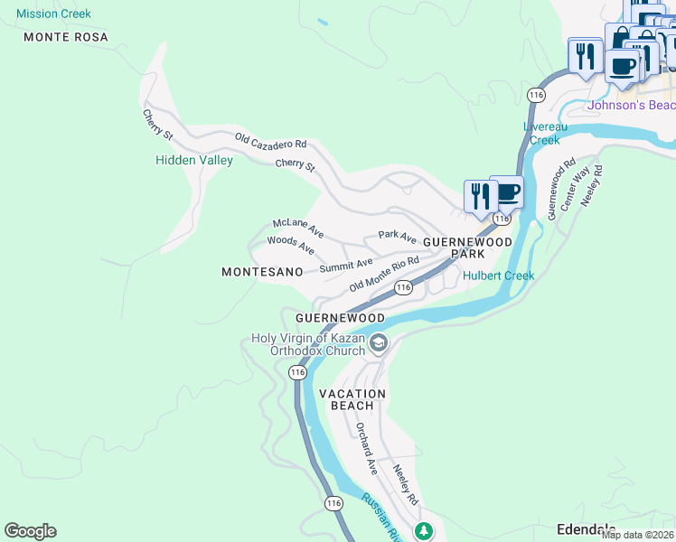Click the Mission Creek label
point(53,14)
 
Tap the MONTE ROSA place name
point(66,37)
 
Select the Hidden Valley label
point(194,161)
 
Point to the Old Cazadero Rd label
point(271,143)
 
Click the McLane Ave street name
point(297,229)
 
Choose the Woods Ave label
point(290,245)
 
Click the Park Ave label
point(397,237)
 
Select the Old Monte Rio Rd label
point(384,274)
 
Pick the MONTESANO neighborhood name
point(260,272)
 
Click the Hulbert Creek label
point(498,276)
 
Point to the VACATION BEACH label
point(352,399)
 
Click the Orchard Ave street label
point(366,449)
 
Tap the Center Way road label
point(576,188)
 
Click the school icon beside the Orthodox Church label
point(378,341)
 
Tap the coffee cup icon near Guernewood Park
point(507,192)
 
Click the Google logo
point(30,531)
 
